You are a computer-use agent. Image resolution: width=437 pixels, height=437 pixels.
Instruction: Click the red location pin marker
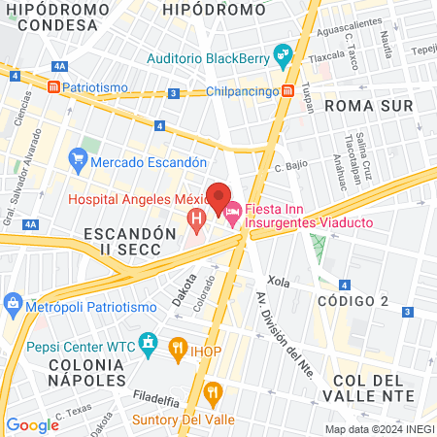pos(218,195)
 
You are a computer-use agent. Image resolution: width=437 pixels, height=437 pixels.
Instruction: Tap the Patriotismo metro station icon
pos(53,87)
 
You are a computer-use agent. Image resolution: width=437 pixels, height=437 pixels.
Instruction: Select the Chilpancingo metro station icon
pos(288,91)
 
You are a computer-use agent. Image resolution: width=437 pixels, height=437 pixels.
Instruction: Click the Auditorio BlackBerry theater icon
pos(283,56)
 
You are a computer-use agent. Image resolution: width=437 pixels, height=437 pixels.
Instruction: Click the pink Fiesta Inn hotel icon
pos(232,211)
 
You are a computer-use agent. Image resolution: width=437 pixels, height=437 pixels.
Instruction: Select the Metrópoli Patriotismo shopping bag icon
pos(13,302)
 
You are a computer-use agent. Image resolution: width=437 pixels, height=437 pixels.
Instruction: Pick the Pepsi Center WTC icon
pos(148,342)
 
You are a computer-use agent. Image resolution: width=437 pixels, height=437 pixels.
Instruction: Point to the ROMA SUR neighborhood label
pos(369,105)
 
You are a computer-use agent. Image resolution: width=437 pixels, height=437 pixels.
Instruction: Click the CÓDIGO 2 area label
pos(353,301)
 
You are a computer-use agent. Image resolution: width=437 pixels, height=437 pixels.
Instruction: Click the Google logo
pos(33,424)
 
